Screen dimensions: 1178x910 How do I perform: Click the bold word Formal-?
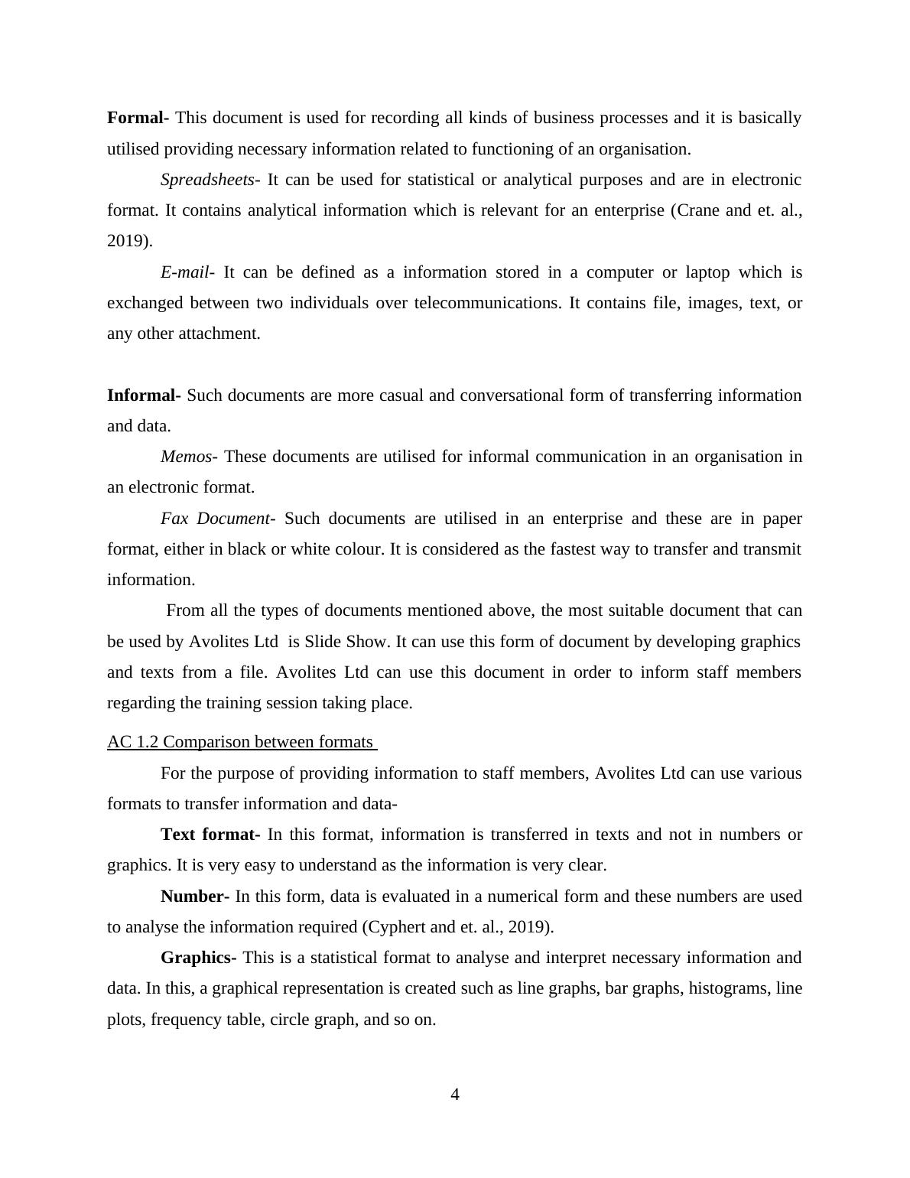click(x=138, y=118)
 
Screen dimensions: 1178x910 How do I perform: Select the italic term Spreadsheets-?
click(x=210, y=180)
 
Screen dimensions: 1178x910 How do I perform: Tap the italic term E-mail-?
click(x=187, y=272)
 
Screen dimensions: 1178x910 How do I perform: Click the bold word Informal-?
click(x=144, y=395)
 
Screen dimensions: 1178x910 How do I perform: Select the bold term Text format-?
click(x=210, y=835)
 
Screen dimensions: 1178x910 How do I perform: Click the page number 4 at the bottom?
click(x=455, y=1095)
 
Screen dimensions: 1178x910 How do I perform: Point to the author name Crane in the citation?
click(x=698, y=210)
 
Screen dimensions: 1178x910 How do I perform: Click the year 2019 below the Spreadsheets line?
click(x=127, y=241)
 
